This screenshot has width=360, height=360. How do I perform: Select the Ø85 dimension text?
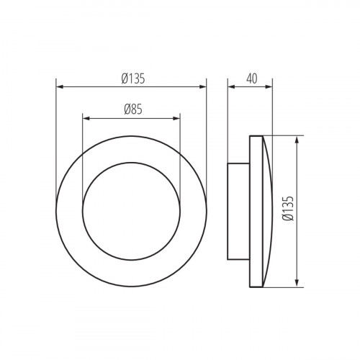tap(131, 109)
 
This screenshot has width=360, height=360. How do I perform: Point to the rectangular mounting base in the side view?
tap(238, 211)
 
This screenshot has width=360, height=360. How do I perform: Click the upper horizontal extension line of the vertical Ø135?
tap(284, 135)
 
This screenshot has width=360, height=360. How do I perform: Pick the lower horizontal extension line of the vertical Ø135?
tap(284, 287)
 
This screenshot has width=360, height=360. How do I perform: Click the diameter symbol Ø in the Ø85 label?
tap(125, 109)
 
